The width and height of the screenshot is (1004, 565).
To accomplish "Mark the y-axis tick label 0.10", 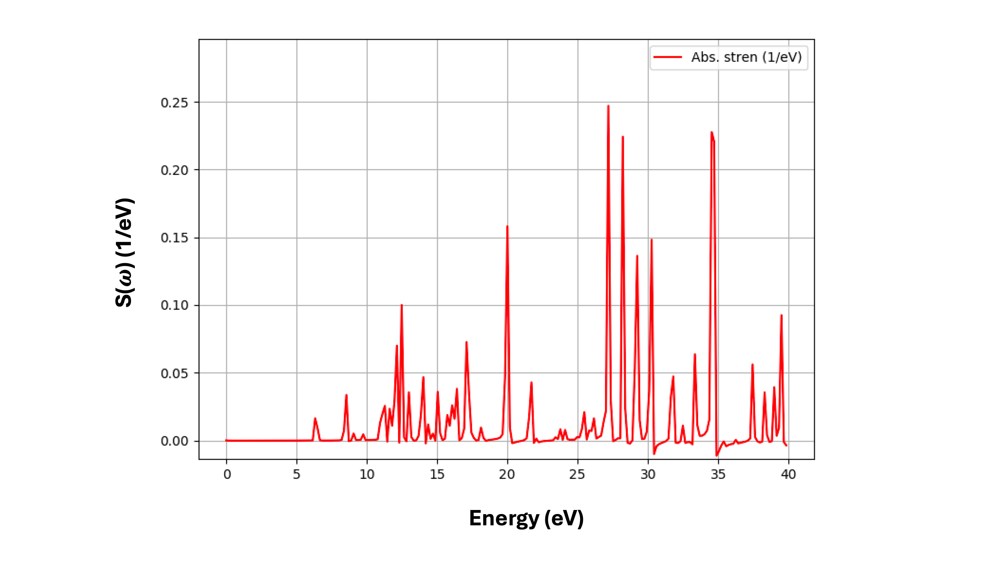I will [174, 305].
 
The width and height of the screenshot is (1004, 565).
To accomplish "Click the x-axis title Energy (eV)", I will [526, 518].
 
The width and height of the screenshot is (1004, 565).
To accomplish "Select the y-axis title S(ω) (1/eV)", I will [125, 253].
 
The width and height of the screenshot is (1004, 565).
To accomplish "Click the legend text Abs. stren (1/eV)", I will [746, 57].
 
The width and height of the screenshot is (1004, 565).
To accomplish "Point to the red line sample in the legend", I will [667, 57].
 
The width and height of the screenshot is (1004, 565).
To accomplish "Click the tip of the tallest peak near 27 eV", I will [608, 106].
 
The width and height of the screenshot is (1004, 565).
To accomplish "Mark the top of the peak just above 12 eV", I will [401, 305].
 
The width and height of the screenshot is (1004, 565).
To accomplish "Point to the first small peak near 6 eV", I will [315, 418].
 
